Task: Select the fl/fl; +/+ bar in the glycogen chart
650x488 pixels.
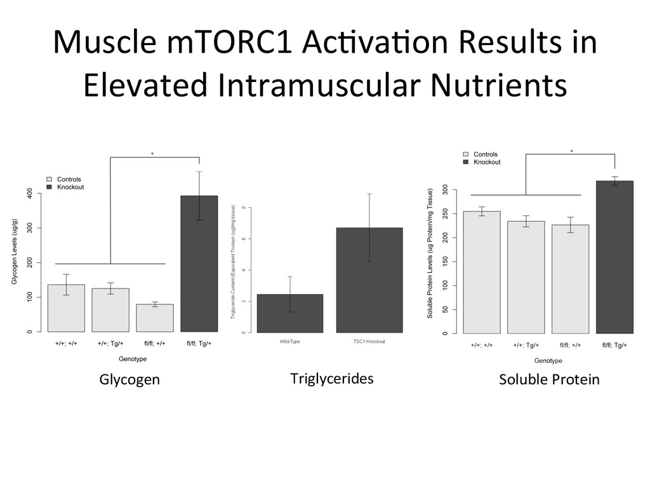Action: tap(155, 318)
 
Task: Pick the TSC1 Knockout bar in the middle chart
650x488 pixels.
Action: tap(369, 280)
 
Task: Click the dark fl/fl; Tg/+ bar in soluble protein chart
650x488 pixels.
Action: tap(614, 257)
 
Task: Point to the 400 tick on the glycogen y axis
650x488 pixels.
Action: tap(30, 193)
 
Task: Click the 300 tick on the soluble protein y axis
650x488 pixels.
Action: tap(445, 190)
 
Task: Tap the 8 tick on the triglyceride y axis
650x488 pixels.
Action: tap(242, 208)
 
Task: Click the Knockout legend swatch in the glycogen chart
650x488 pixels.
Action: tap(50, 187)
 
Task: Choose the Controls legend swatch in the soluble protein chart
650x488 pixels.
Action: tap(467, 154)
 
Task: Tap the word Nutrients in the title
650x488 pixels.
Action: tap(498, 85)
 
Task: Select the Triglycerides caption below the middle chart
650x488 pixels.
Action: tap(331, 379)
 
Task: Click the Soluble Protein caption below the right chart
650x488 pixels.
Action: tap(548, 379)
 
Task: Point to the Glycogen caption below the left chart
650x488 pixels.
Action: tap(129, 379)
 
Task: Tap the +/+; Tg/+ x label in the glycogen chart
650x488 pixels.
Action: tap(110, 343)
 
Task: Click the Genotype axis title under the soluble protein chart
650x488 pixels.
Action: tap(548, 360)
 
